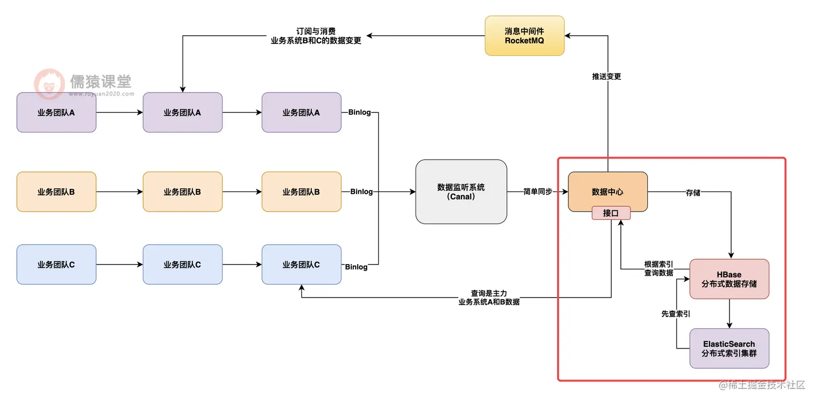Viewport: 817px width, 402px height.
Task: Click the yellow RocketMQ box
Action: (x=524, y=36)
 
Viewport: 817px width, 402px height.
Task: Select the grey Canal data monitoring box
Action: (x=461, y=192)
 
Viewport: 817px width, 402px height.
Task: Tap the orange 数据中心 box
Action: (x=607, y=192)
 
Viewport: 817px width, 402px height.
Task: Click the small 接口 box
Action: (x=611, y=213)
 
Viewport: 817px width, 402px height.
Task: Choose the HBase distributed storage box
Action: (x=729, y=279)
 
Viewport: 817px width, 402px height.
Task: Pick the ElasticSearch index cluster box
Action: (x=729, y=348)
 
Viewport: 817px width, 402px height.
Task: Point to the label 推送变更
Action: (x=607, y=76)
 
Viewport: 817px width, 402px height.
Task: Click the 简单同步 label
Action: (x=538, y=192)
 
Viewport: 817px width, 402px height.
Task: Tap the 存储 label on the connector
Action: (x=693, y=192)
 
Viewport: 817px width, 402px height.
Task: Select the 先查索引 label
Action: (x=675, y=313)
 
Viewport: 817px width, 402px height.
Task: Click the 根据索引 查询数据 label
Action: (x=659, y=269)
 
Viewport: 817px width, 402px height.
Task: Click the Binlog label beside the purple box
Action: (x=359, y=113)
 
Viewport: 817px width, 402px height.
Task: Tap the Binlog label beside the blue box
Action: (x=356, y=267)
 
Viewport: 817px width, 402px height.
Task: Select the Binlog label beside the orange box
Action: (x=361, y=192)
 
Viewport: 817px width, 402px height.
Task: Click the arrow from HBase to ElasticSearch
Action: (x=729, y=313)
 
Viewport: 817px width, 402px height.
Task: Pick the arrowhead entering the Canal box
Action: (x=412, y=192)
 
